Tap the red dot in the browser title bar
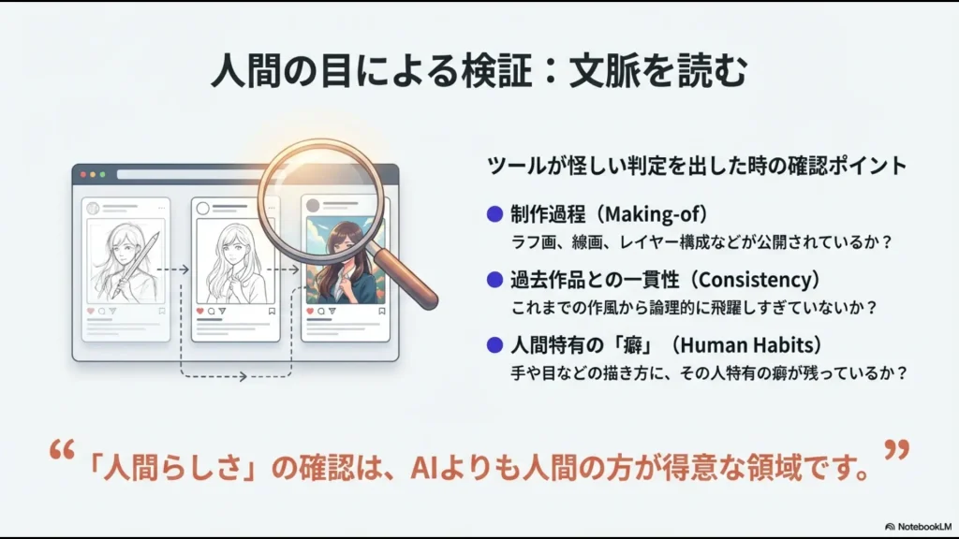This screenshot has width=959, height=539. [82, 174]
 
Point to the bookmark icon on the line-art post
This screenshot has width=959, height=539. [272, 311]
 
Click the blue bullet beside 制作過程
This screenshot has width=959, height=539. [494, 213]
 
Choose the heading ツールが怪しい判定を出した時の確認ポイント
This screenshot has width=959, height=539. [697, 167]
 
